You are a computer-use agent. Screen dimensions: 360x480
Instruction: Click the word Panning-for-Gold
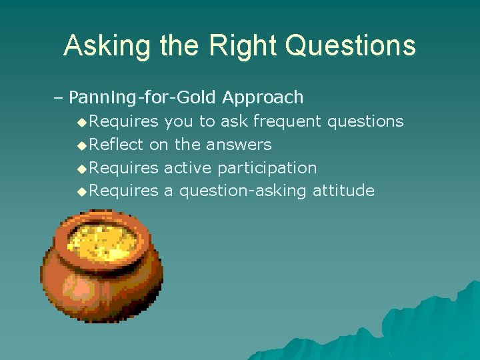143,98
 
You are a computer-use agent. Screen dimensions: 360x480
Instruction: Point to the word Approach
263,98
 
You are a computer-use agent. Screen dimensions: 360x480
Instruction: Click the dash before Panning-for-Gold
57,98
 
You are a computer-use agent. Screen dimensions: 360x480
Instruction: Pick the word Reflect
117,144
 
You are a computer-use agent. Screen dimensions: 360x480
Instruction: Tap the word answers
239,145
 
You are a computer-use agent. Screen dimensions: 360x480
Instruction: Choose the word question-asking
241,191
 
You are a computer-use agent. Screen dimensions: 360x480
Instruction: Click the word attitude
342,191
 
